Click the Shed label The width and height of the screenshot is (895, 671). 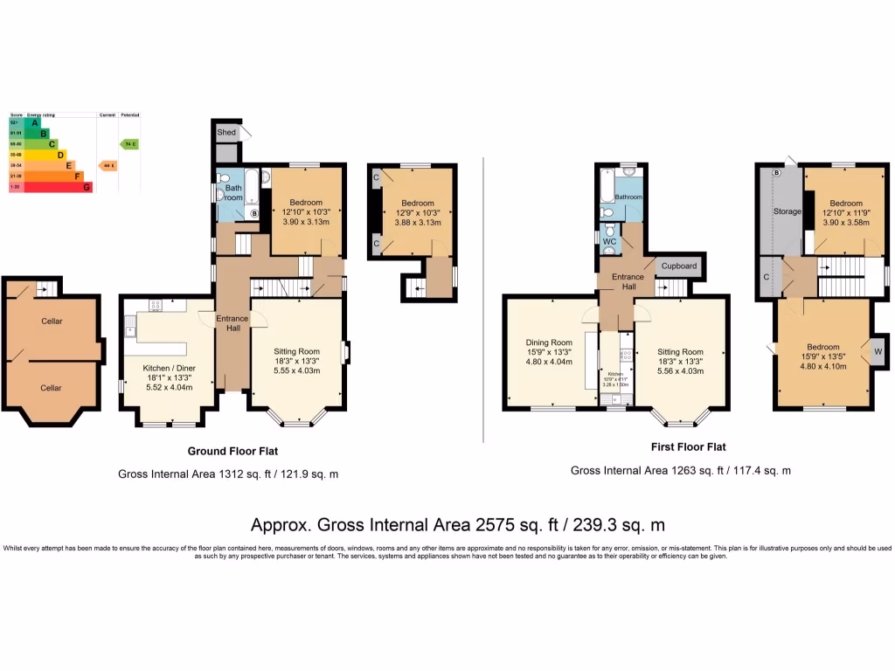[226, 133]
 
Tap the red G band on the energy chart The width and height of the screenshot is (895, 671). [87, 186]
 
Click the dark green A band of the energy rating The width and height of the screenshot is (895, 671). [35, 123]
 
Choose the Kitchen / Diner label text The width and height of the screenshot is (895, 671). [169, 368]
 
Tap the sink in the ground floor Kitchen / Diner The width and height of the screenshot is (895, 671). [129, 329]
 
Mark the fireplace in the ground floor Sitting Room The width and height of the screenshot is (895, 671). [346, 352]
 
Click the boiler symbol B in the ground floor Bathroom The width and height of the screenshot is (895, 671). [254, 212]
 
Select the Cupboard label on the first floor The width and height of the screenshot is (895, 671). [678, 266]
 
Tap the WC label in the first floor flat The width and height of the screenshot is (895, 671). [609, 240]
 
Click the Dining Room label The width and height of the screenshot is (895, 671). [549, 342]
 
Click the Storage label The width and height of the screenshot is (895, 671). [787, 211]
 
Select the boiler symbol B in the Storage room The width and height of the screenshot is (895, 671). [775, 172]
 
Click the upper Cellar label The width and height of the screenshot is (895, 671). [52, 321]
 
